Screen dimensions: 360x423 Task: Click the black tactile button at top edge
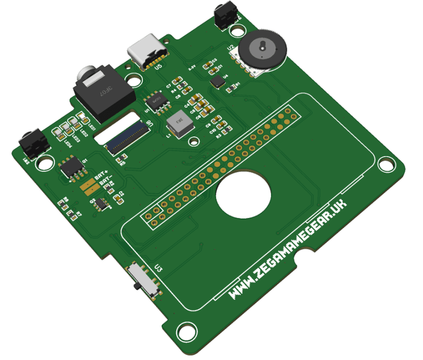[x=226, y=15]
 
